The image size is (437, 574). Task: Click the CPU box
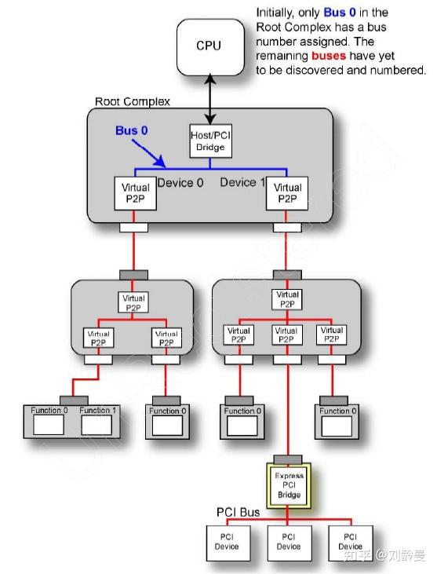(x=209, y=46)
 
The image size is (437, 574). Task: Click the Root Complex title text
(x=132, y=102)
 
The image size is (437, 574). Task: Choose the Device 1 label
(x=242, y=182)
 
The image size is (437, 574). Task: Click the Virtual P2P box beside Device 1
(x=287, y=192)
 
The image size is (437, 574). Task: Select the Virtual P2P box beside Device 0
(x=134, y=192)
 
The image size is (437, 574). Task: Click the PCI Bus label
(x=238, y=512)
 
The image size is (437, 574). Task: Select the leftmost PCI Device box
(x=228, y=541)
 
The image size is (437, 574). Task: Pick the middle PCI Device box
(x=287, y=541)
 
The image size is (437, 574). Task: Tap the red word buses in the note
(x=333, y=57)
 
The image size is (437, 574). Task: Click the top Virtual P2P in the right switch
(x=287, y=299)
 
